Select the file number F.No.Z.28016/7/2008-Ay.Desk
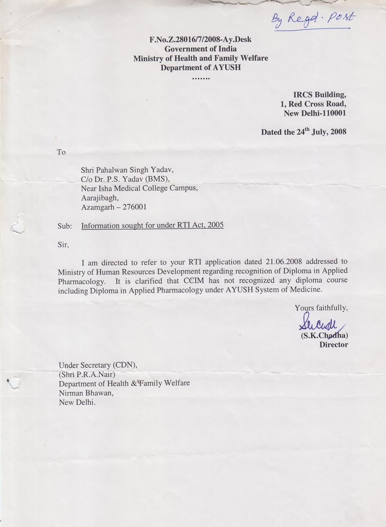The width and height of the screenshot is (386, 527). pyautogui.click(x=200, y=40)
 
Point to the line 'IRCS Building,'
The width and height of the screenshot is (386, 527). pyautogui.click(x=320, y=95)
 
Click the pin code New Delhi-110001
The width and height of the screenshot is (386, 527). pyautogui.click(x=315, y=113)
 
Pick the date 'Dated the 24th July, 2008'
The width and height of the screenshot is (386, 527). pyautogui.click(x=304, y=132)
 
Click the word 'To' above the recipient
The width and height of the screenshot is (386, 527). pyautogui.click(x=61, y=152)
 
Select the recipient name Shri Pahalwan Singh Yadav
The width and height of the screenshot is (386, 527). pyautogui.click(x=127, y=170)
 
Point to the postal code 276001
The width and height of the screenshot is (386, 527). pyautogui.click(x=134, y=207)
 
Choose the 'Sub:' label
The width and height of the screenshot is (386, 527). pyautogui.click(x=64, y=226)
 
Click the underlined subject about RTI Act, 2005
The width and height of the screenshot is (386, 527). pyautogui.click(x=152, y=225)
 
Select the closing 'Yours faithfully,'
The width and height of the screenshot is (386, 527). pyautogui.click(x=321, y=308)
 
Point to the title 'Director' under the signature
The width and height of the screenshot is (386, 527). pyautogui.click(x=333, y=345)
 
